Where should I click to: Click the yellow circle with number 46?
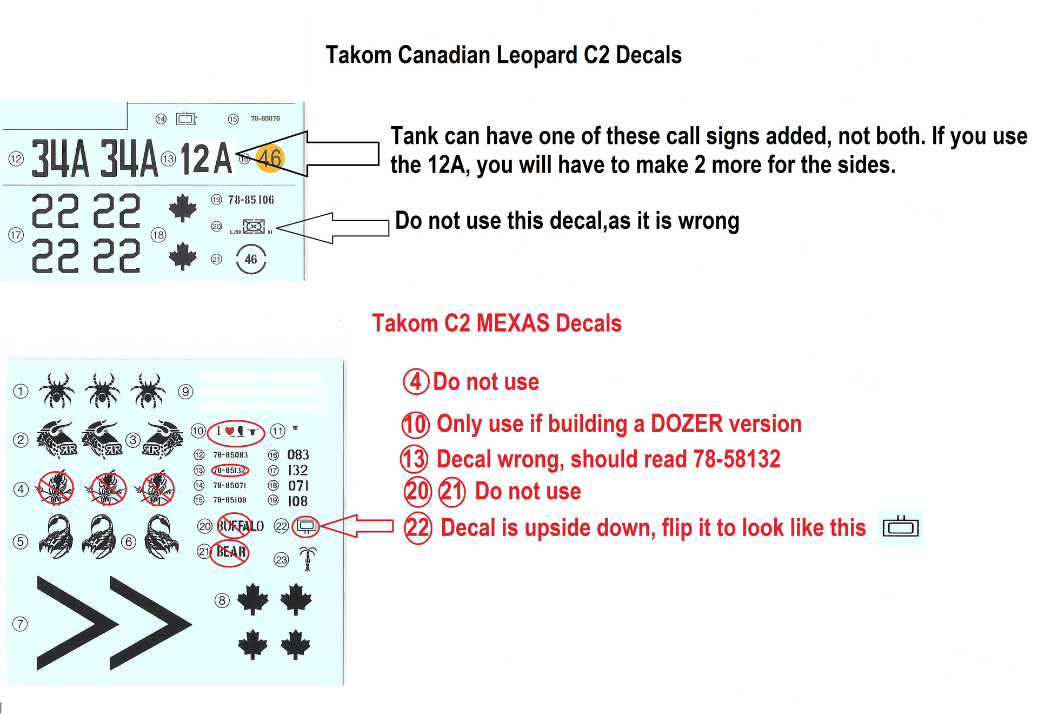click(x=269, y=158)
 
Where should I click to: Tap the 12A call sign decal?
click(x=206, y=159)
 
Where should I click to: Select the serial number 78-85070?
click(x=265, y=118)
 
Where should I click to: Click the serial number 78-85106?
click(x=251, y=200)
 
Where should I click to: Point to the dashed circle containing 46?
click(x=251, y=260)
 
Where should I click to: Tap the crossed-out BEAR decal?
click(x=231, y=552)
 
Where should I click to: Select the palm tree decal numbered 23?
click(x=308, y=559)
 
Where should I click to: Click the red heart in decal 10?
click(x=230, y=431)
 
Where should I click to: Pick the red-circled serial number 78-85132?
click(x=230, y=471)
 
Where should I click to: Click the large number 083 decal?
click(x=298, y=455)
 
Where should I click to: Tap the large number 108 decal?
click(x=298, y=501)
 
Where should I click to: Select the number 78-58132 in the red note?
click(x=736, y=459)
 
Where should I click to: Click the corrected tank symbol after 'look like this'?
click(x=900, y=527)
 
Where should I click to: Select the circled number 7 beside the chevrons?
click(x=20, y=624)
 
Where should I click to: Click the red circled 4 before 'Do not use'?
click(x=416, y=382)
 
